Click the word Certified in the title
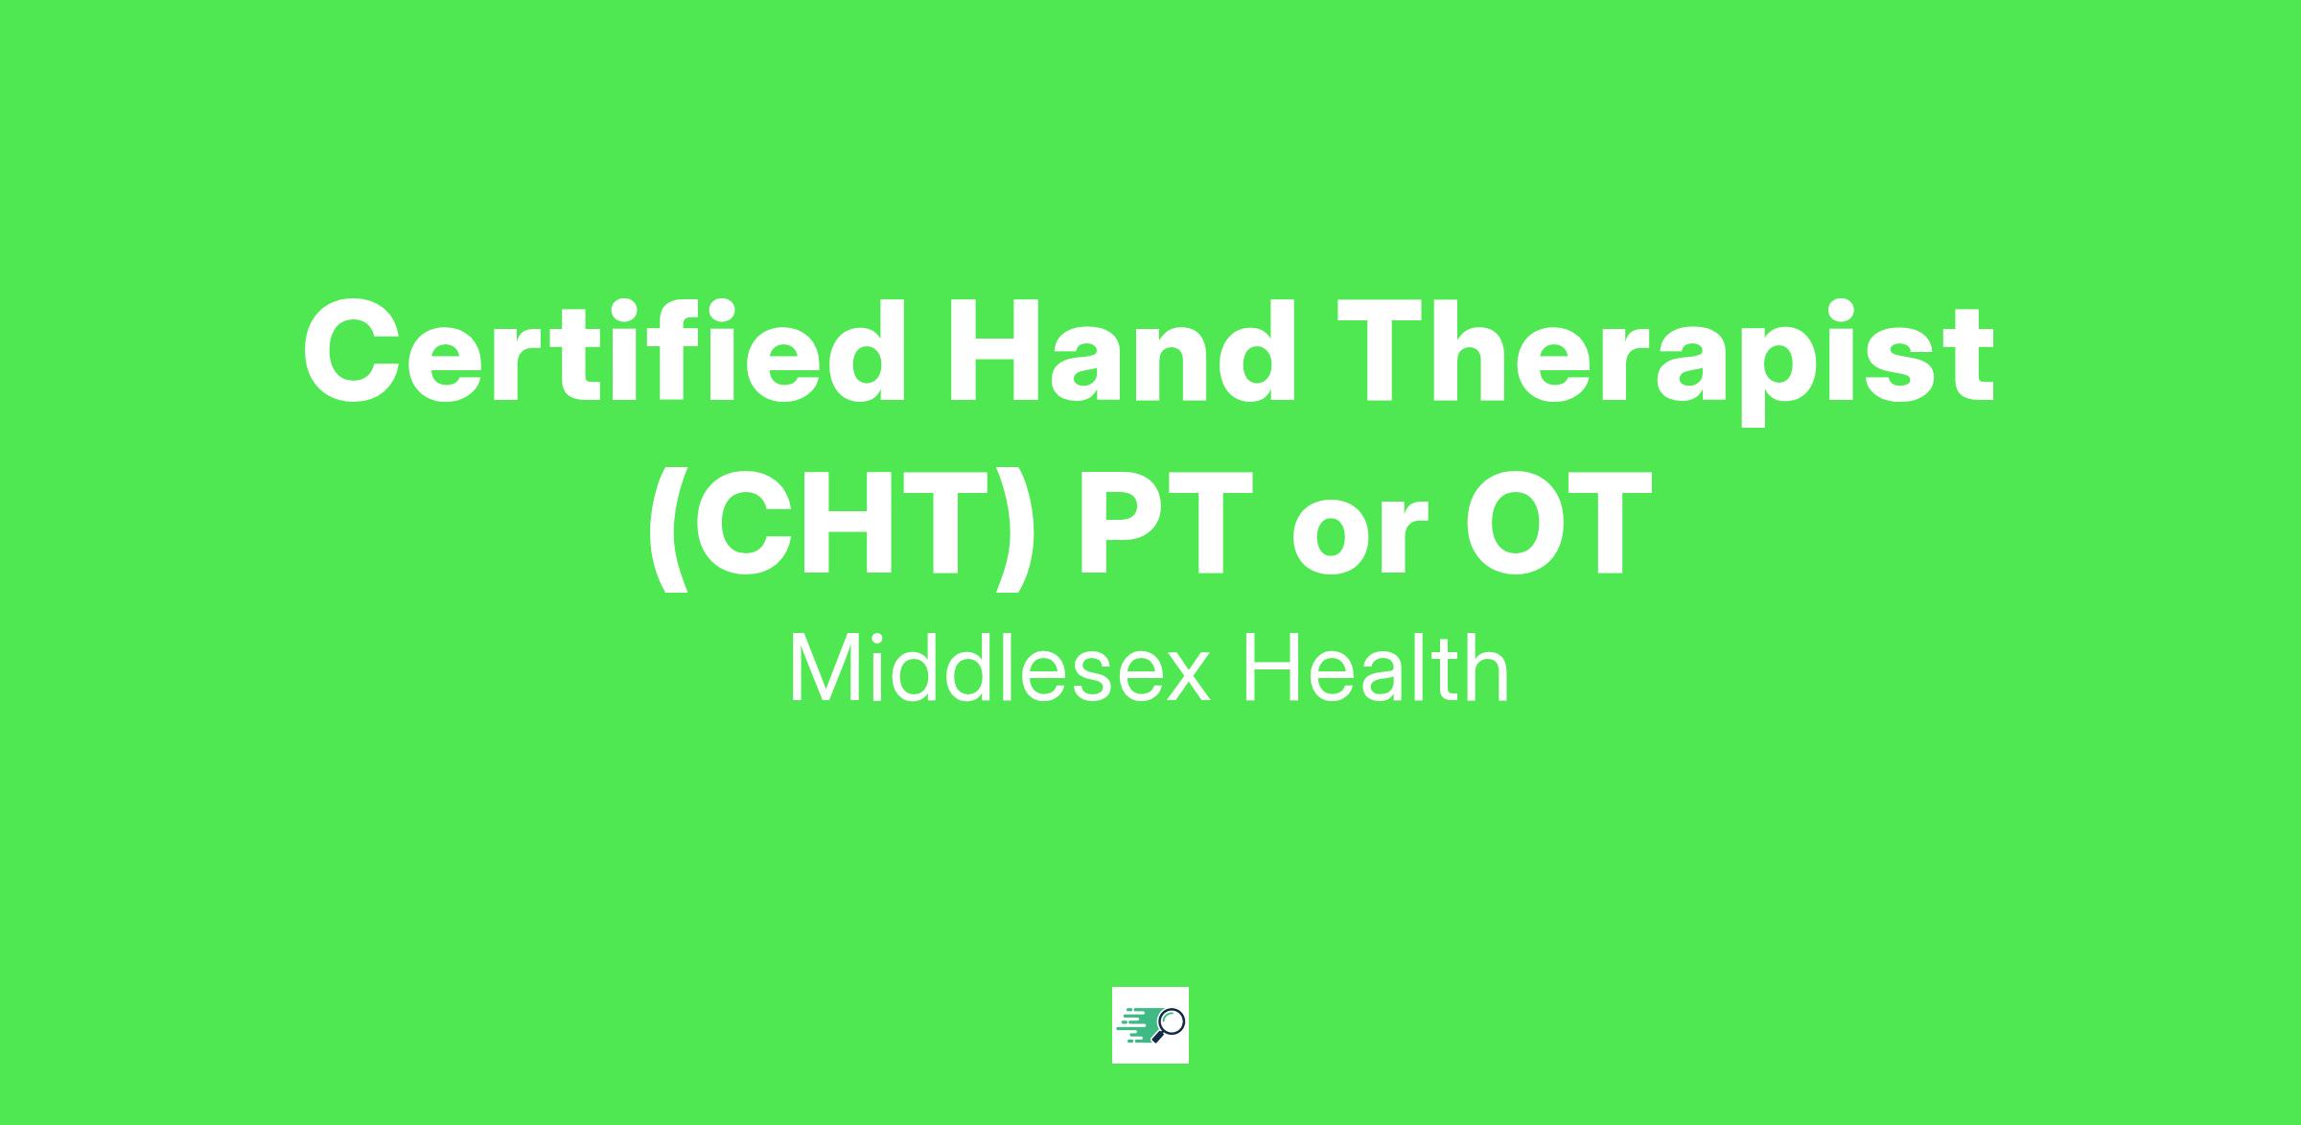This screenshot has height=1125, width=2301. (604, 351)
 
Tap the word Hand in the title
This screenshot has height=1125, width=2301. (1121, 351)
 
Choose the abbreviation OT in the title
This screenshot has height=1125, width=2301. (1557, 522)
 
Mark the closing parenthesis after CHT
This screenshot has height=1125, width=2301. (1013, 528)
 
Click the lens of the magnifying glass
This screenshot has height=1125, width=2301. (1172, 1020)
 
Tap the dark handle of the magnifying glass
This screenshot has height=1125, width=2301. (1157, 1037)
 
